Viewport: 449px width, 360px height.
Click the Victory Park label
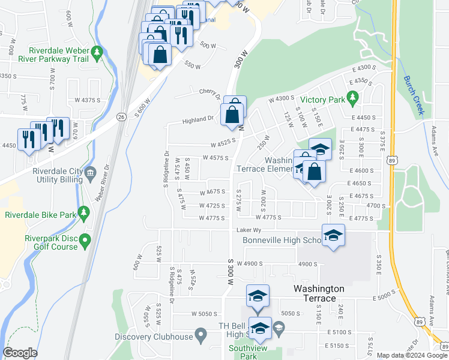tap(321, 100)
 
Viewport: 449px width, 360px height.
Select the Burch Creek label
tap(414, 95)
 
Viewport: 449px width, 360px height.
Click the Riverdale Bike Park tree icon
tap(85, 211)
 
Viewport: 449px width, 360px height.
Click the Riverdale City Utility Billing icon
tap(90, 173)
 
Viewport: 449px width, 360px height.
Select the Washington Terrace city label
tap(319, 293)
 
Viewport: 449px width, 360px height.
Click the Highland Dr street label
tap(199, 119)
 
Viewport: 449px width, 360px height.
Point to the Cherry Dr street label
tap(209, 91)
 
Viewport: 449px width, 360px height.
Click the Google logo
tap(20, 353)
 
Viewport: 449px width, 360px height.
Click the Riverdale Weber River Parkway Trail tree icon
tap(97, 55)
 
